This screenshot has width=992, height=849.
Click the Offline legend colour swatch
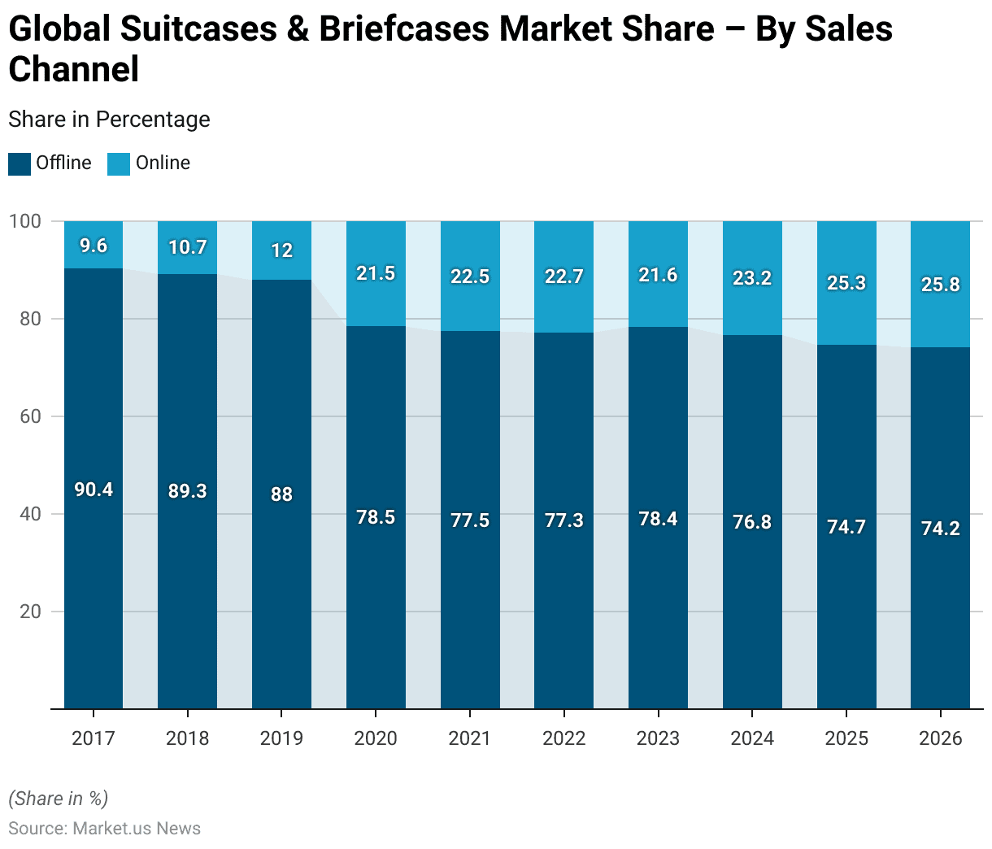(20, 163)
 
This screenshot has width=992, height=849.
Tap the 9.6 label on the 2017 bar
(94, 246)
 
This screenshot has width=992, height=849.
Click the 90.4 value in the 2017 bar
(94, 490)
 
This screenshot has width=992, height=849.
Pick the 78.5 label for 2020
(376, 517)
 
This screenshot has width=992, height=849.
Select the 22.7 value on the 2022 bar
(564, 276)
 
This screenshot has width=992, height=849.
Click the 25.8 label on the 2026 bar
(941, 285)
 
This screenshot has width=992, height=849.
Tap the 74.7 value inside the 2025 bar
(846, 527)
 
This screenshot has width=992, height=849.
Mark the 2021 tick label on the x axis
(470, 738)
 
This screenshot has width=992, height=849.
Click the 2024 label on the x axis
(752, 738)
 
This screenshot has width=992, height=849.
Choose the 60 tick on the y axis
(30, 416)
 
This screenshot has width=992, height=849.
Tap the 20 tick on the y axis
(30, 612)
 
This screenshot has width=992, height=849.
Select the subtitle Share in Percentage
(109, 120)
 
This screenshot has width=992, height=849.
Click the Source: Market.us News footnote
(104, 829)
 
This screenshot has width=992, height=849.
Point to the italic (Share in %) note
(58, 799)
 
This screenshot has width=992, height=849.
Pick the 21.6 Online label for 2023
(658, 275)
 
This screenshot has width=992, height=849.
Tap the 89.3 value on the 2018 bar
(188, 491)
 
